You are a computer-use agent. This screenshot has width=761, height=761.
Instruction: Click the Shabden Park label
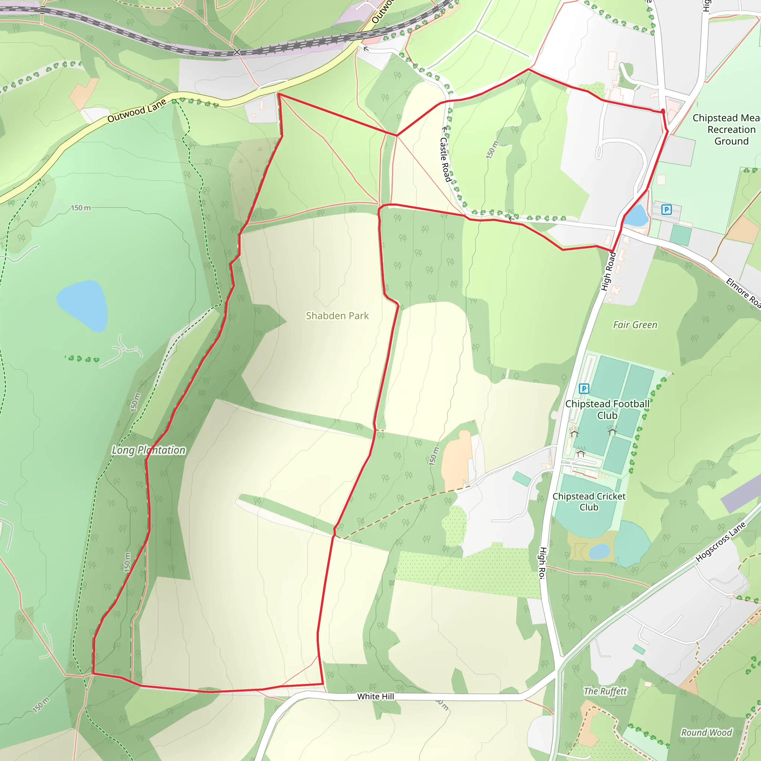337,316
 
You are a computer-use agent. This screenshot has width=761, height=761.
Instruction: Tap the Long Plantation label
149,450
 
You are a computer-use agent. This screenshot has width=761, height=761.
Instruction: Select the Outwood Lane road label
137,111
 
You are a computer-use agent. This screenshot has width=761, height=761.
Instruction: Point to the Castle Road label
445,159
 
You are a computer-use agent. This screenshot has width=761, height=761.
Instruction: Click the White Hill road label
375,696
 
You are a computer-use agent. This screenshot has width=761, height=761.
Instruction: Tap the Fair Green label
635,325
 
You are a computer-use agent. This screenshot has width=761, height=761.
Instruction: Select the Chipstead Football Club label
607,409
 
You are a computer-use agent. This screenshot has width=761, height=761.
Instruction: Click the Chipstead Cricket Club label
589,501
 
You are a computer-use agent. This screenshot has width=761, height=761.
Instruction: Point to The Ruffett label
605,691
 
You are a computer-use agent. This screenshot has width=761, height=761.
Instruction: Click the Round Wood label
707,733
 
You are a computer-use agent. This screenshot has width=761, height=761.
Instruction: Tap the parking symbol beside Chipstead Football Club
584,389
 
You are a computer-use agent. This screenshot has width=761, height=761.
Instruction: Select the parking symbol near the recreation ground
667,210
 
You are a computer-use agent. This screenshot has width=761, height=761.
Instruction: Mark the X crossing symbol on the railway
237,52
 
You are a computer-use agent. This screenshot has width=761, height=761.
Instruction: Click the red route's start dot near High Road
663,111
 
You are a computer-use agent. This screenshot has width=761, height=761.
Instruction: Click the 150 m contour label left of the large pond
81,208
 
